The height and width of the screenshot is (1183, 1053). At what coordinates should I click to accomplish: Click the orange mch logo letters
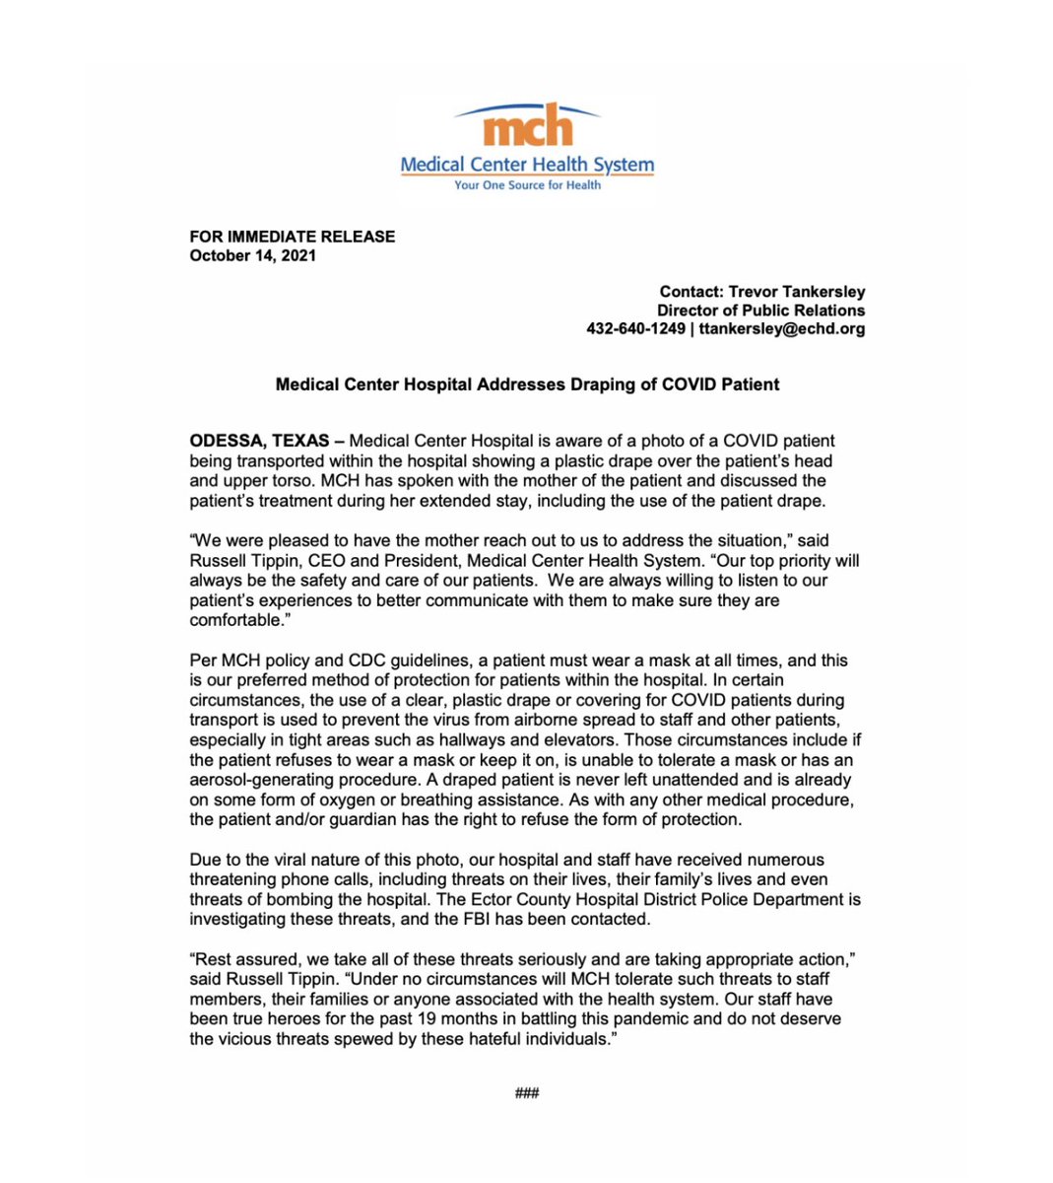coord(528,127)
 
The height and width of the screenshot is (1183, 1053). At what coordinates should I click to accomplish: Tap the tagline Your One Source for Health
coord(527,185)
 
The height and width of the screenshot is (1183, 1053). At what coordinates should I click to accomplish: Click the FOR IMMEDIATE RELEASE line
coord(293,237)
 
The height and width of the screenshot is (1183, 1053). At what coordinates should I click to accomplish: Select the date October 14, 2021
coord(253,255)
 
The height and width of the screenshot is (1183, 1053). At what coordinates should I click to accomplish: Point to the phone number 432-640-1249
coord(635,329)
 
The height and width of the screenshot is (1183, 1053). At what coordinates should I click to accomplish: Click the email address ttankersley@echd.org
coord(782,329)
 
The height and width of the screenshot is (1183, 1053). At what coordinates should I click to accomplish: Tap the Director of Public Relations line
coord(760,311)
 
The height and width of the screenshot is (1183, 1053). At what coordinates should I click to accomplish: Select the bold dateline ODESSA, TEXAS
coord(260,441)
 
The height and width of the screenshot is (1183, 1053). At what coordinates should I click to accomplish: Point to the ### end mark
coord(527,1092)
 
